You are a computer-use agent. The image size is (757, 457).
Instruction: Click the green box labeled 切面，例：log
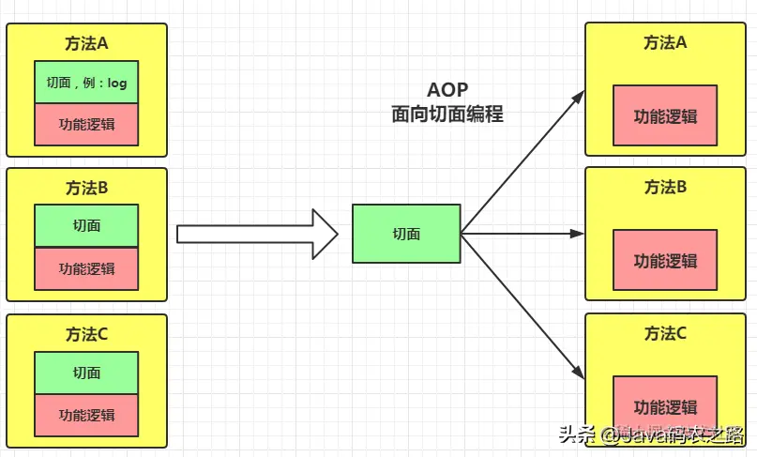click(x=86, y=83)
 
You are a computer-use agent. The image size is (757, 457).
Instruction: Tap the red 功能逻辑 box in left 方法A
click(x=86, y=125)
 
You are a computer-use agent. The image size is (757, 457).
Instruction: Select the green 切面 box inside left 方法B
click(x=86, y=226)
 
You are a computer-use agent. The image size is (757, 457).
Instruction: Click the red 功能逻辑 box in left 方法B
click(x=86, y=268)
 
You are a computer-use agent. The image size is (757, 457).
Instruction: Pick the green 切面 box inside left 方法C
click(x=86, y=373)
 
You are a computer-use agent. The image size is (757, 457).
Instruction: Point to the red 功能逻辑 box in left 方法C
click(x=86, y=415)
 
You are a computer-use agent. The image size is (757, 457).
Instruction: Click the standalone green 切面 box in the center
click(x=406, y=234)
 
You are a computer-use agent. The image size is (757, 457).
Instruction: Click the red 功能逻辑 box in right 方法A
click(x=665, y=116)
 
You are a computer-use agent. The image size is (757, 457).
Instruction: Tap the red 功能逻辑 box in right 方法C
click(x=665, y=406)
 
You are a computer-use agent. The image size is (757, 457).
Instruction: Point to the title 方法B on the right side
click(x=665, y=187)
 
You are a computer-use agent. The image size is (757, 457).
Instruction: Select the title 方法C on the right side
click(x=665, y=333)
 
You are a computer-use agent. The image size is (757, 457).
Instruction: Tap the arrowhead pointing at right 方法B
click(x=579, y=234)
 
